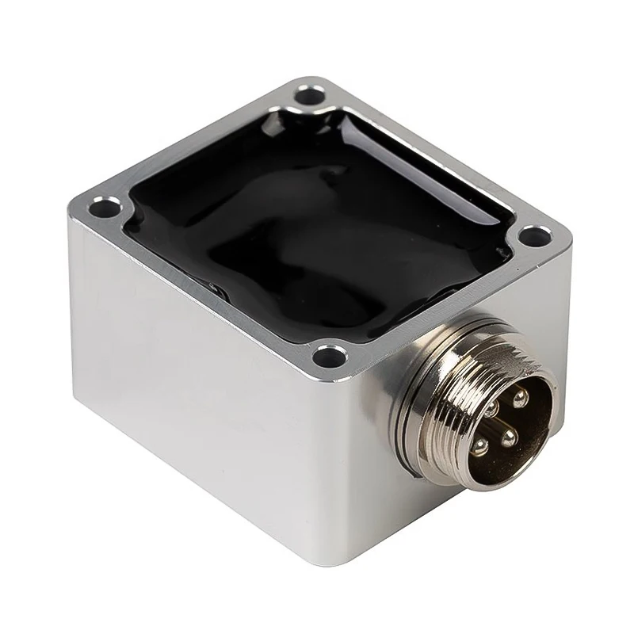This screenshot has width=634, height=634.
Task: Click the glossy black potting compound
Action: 317,230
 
